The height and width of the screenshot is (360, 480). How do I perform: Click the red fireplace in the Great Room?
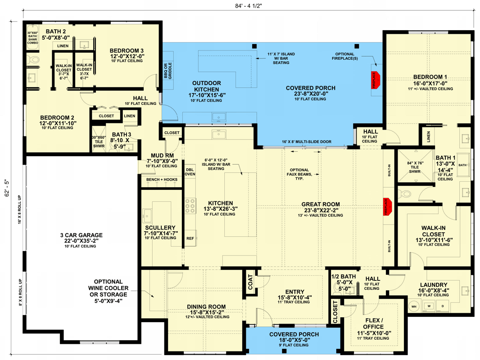point(386,207)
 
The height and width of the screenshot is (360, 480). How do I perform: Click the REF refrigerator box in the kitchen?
point(190,238)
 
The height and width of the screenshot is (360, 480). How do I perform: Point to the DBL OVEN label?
point(190,171)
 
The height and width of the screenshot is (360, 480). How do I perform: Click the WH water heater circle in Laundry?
point(413,306)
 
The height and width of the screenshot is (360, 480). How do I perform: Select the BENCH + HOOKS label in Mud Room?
point(162,180)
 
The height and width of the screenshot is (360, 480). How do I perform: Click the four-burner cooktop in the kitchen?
point(190,205)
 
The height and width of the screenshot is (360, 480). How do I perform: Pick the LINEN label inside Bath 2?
point(63,46)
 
